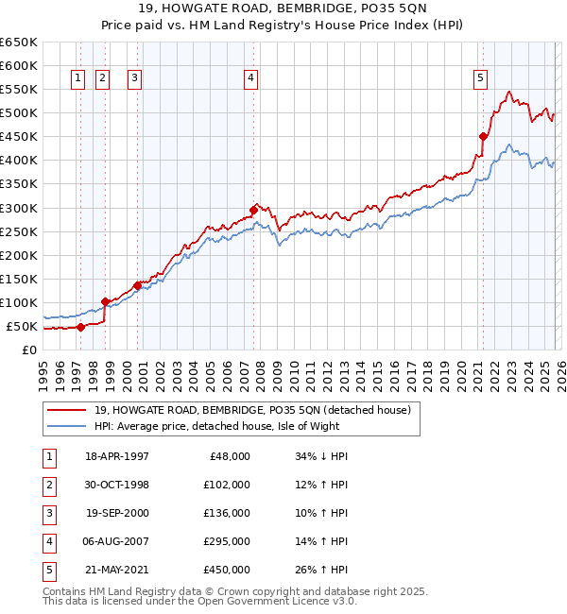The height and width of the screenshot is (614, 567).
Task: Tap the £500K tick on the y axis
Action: tap(19, 113)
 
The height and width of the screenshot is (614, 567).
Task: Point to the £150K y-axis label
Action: tap(19, 280)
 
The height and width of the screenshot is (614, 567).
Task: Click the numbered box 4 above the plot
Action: tap(250, 78)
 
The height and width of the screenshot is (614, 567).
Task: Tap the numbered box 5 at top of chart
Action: tap(480, 78)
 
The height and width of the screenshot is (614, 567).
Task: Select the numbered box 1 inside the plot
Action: tap(77, 78)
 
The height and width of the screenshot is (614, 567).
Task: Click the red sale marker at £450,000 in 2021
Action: tap(483, 136)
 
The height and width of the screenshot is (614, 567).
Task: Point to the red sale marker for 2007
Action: tap(253, 210)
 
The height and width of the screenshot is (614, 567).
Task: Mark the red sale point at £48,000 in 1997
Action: tap(81, 327)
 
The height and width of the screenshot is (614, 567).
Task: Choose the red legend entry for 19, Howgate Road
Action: tap(251, 411)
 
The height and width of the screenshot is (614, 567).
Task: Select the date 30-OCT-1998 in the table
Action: tap(117, 485)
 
